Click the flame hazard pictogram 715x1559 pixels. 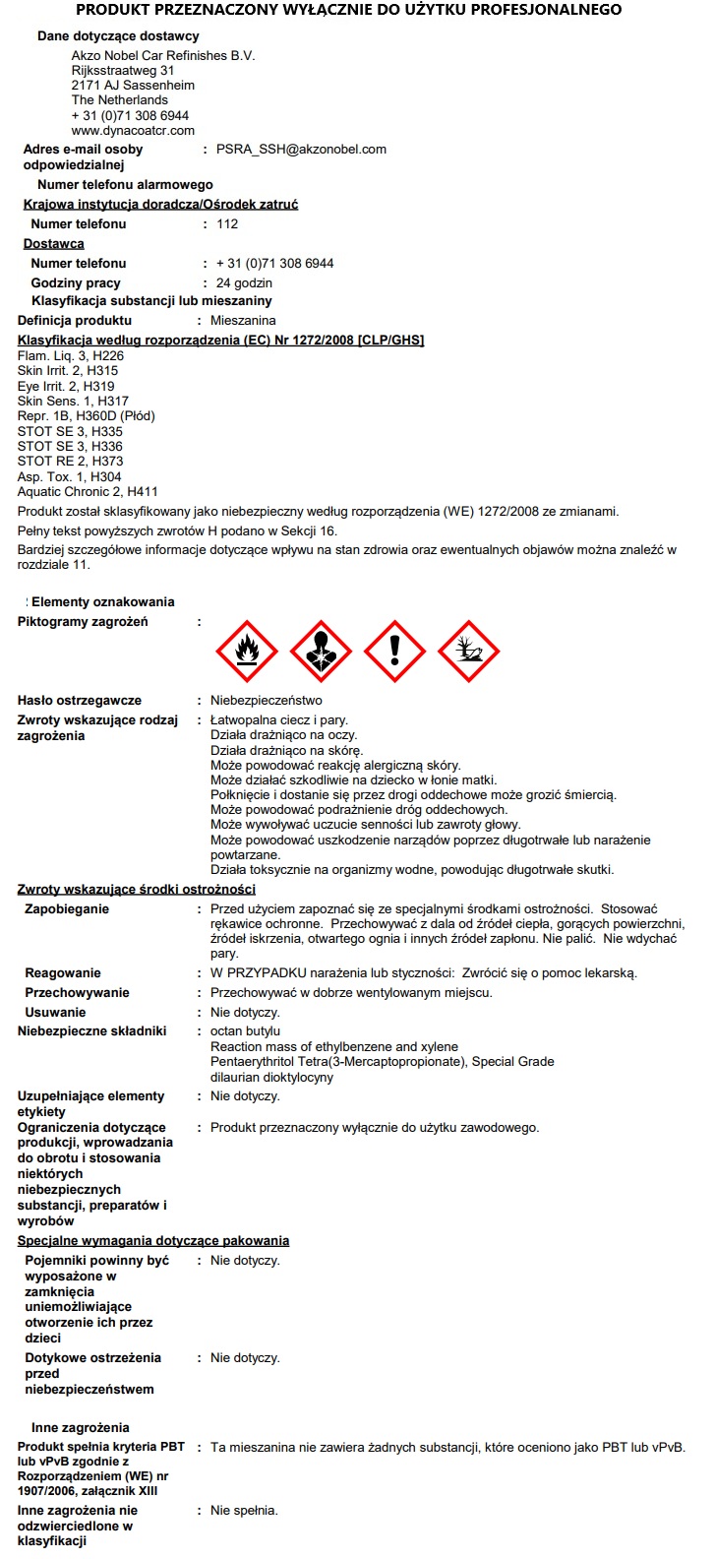tap(247, 652)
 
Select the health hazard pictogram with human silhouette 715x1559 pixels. tap(321, 652)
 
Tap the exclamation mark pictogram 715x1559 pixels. tap(394, 652)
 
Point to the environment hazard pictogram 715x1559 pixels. tap(468, 652)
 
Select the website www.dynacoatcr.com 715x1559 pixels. tap(133, 130)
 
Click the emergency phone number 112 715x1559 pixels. tap(227, 224)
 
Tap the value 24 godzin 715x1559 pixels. tap(244, 283)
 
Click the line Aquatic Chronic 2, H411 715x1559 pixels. tap(88, 491)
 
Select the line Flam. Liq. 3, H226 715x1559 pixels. tap(71, 355)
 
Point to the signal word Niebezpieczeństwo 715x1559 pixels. tap(267, 701)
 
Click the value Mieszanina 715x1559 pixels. tap(243, 321)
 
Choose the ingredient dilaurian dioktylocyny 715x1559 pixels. tap(272, 1078)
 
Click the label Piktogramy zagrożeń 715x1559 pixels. tap(83, 622)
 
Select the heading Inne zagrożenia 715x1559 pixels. tap(81, 1427)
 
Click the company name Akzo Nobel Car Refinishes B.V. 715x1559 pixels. tap(163, 56)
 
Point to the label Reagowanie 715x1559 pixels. tap(63, 973)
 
